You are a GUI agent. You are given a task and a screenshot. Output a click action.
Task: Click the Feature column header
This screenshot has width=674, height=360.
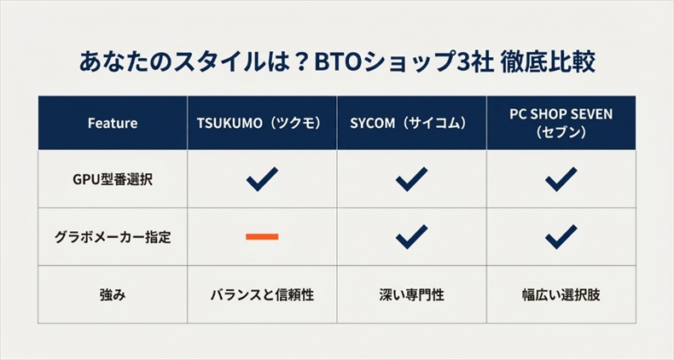(112, 123)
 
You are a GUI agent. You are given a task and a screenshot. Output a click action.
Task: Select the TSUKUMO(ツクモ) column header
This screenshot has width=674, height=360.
(262, 123)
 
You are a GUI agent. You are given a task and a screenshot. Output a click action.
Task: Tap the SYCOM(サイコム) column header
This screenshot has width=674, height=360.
(411, 123)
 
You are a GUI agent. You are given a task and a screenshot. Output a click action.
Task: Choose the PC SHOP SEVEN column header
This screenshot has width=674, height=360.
(561, 123)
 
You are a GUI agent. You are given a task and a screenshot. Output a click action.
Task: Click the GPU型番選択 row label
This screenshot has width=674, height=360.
(112, 179)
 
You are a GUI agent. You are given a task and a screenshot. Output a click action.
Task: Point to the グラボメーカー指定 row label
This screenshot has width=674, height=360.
(112, 236)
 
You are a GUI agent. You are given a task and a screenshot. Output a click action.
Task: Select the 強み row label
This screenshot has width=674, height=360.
(112, 295)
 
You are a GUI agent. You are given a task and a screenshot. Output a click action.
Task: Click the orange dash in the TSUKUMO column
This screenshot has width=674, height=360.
(262, 236)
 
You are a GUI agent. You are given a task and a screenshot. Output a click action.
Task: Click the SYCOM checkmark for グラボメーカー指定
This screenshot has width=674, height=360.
(411, 235)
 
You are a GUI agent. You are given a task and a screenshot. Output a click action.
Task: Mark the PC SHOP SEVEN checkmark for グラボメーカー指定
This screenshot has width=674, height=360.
(561, 235)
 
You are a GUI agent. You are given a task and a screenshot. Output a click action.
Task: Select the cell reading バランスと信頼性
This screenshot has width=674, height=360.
(262, 295)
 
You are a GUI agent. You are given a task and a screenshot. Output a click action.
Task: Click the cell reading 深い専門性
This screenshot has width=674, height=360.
(411, 295)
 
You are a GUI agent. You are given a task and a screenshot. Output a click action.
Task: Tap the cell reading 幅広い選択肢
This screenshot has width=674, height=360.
(561, 295)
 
